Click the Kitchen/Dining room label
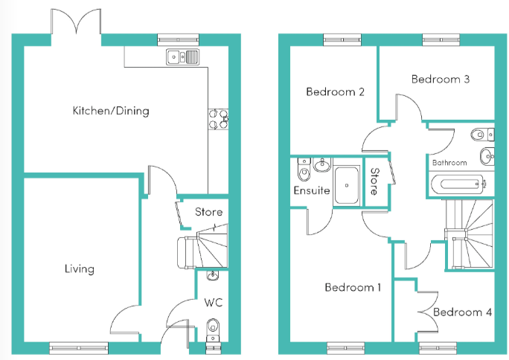pos(110,112)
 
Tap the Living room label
pos(79,269)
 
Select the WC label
pos(214,303)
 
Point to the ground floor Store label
pos(208,213)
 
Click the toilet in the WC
pos(214,327)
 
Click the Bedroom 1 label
pos(353,287)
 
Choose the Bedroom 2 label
pos(335,92)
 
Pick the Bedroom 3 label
pos(440,79)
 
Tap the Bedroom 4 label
pos(462,312)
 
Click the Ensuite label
pos(311,190)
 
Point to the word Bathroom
pos(449,162)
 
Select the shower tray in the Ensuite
pos(347,184)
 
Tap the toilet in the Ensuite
pos(303,173)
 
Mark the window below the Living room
pos(78,347)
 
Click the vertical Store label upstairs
pos(374,182)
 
